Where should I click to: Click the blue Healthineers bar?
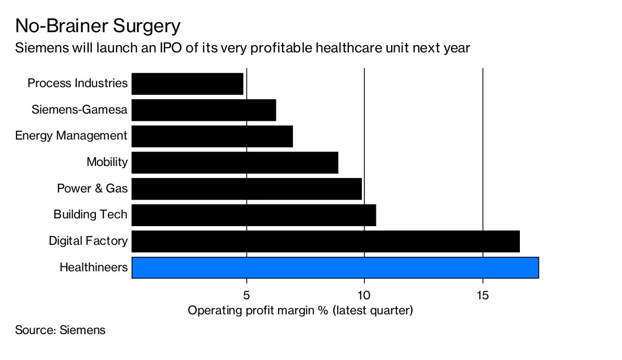tap(335, 268)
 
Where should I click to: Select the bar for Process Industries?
tap(187, 84)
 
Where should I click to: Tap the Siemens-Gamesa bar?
tap(204, 110)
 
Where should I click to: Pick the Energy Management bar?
tap(212, 136)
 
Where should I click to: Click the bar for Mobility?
tap(235, 162)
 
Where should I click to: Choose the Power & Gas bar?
tap(247, 189)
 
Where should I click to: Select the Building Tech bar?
tap(253, 215)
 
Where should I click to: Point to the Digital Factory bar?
tap(326, 241)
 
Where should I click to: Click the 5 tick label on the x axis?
tap(246, 295)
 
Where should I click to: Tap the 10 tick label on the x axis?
tap(364, 295)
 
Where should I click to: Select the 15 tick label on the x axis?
tap(483, 295)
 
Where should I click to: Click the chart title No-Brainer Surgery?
tap(98, 26)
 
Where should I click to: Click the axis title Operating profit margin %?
tap(300, 311)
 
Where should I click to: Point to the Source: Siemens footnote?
tap(60, 330)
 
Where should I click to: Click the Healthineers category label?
tap(93, 268)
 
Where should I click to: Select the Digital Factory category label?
tap(88, 241)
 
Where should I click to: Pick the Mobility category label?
tap(107, 162)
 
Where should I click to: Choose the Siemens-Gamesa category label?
tap(79, 110)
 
